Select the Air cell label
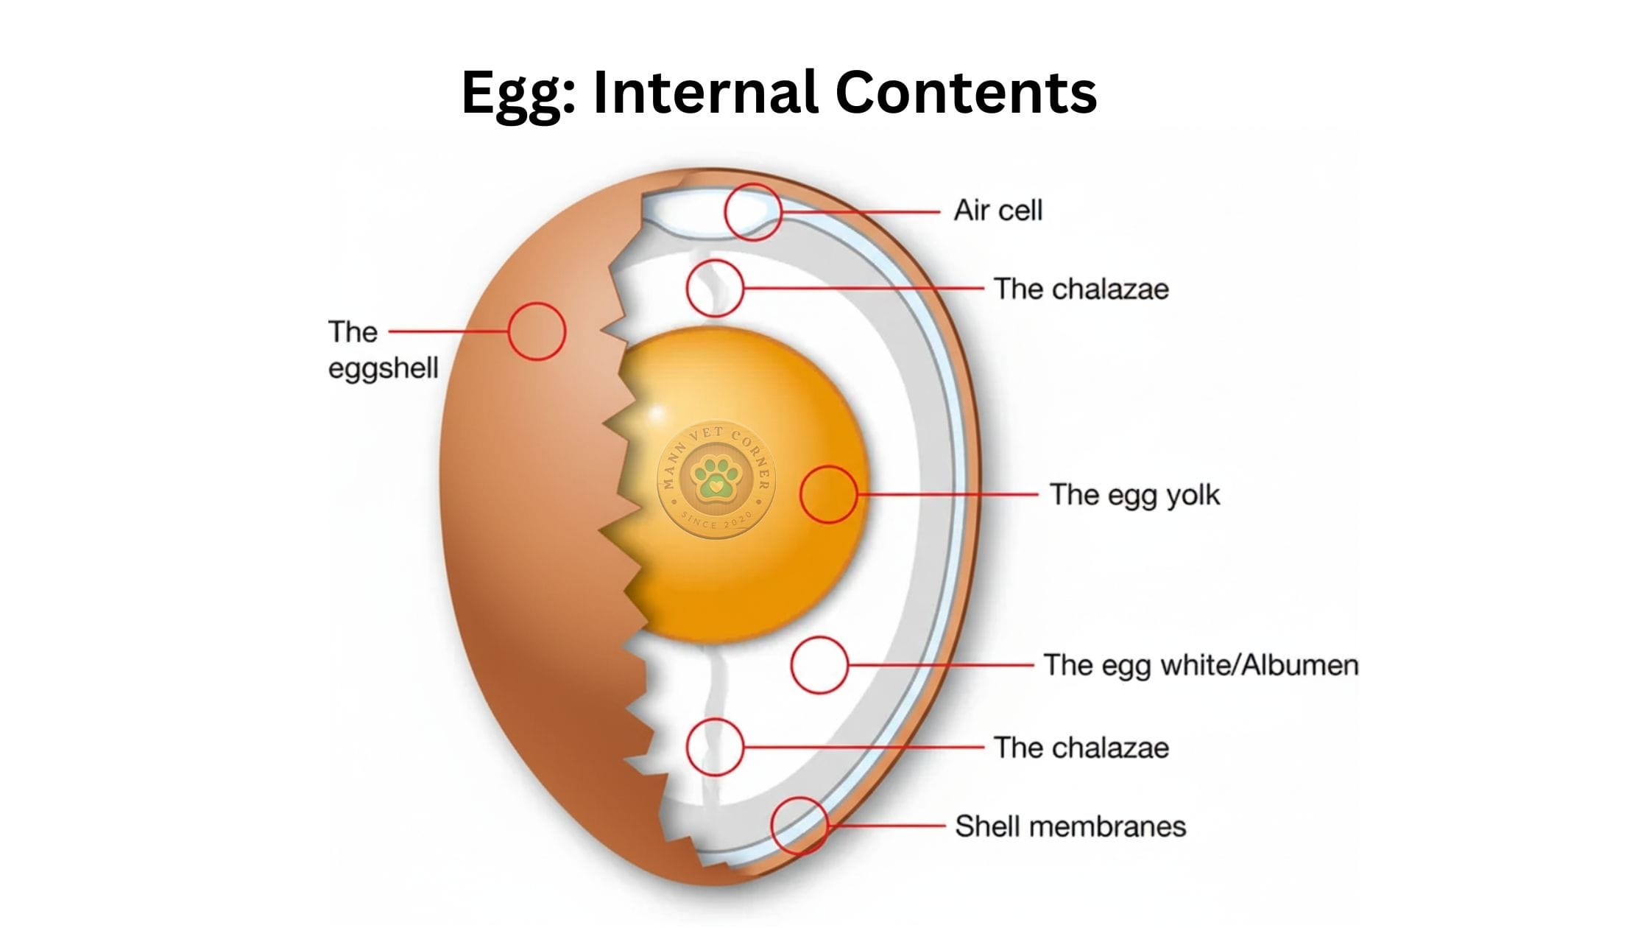(998, 211)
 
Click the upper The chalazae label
(1081, 289)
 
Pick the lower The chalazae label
(1081, 748)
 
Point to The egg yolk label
(1134, 495)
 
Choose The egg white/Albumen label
(1201, 665)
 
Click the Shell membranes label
(1070, 826)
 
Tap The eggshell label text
(382, 350)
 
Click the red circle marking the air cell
(752, 212)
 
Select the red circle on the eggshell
(537, 331)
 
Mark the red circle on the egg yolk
(828, 494)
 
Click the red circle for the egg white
(819, 665)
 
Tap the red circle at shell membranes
(799, 826)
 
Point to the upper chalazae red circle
(714, 289)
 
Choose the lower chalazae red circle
(714, 747)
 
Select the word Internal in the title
(705, 93)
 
